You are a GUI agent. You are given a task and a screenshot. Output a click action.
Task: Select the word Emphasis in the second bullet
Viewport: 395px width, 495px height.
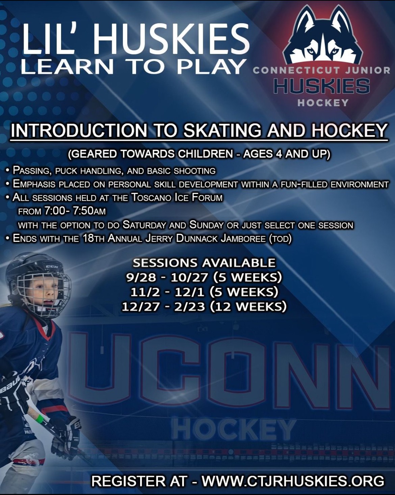point(33,184)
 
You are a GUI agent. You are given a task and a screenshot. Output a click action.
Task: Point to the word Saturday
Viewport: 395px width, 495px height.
point(144,225)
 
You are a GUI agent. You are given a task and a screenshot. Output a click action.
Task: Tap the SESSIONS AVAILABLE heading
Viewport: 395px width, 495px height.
point(204,263)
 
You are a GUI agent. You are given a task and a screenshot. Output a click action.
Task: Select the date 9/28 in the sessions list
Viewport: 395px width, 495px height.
point(141,277)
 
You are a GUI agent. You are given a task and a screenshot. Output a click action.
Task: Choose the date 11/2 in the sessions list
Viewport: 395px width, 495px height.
point(143,292)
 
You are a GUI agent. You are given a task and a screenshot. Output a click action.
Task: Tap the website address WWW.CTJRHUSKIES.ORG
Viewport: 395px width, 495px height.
point(293,481)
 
